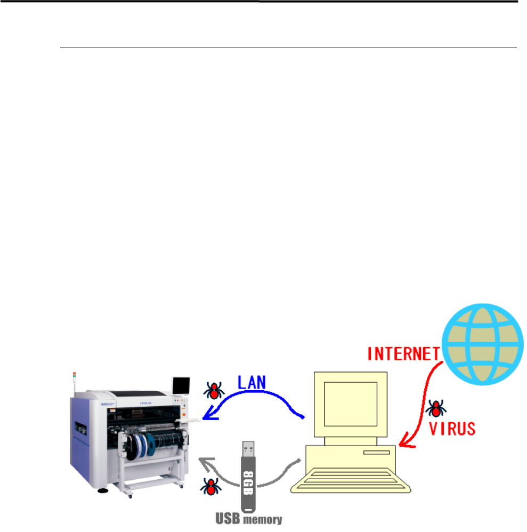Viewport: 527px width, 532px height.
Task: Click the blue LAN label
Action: [x=252, y=383]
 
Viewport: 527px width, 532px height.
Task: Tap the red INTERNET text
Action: [x=404, y=354]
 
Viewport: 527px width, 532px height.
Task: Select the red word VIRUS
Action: [x=452, y=429]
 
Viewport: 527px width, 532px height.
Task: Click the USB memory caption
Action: [x=249, y=519]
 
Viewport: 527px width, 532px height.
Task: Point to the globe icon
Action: [x=483, y=344]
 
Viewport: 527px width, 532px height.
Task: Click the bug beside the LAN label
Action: [x=214, y=391]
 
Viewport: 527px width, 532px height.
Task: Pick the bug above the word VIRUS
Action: [x=436, y=408]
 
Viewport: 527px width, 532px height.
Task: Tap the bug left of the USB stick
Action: [x=211, y=487]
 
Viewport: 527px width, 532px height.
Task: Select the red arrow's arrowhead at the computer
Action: [x=406, y=441]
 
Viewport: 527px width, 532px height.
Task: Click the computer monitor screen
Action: [x=351, y=404]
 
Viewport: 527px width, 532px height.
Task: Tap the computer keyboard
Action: [x=351, y=480]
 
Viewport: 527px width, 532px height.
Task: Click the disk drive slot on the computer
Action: [x=376, y=453]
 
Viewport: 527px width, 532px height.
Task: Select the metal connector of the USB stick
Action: [x=248, y=449]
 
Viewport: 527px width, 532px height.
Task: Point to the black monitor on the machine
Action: [x=181, y=386]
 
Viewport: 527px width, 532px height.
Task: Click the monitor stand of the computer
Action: [x=350, y=441]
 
